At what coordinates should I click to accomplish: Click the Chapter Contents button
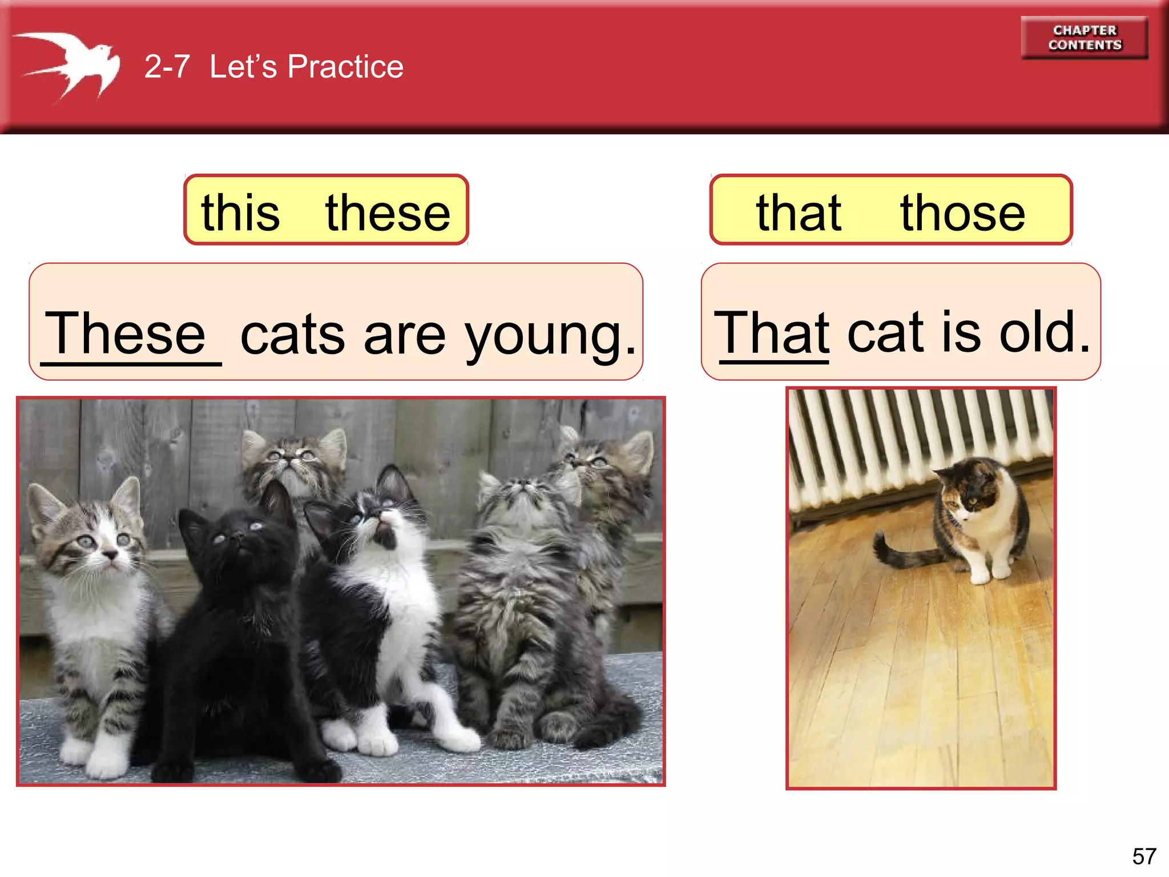coord(1084,38)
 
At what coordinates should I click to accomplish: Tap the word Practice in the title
coord(345,67)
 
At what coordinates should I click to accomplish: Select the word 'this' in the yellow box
coord(240,212)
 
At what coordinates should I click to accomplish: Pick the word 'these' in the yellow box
coord(388,212)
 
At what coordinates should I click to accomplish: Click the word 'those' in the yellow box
coord(962,212)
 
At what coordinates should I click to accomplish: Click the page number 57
coord(1144,856)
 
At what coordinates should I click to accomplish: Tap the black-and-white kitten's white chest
coord(400,617)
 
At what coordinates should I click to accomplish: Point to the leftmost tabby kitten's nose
coord(108,554)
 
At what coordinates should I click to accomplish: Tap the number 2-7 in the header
coord(167,67)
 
